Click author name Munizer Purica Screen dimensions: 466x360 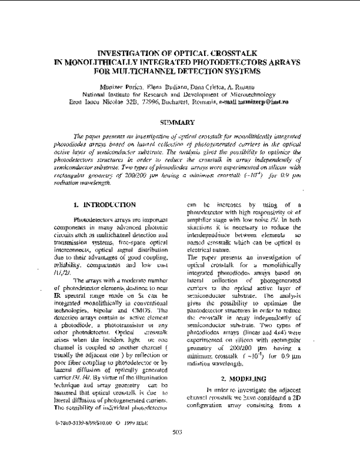[x=119, y=87]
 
